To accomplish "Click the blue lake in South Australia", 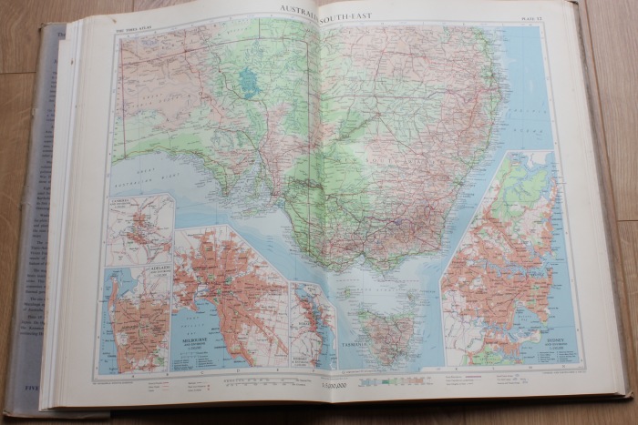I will point(248,83).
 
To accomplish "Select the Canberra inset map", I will point(139,228).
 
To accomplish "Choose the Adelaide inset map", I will point(137,319).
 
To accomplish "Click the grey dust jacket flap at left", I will point(27,228).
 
